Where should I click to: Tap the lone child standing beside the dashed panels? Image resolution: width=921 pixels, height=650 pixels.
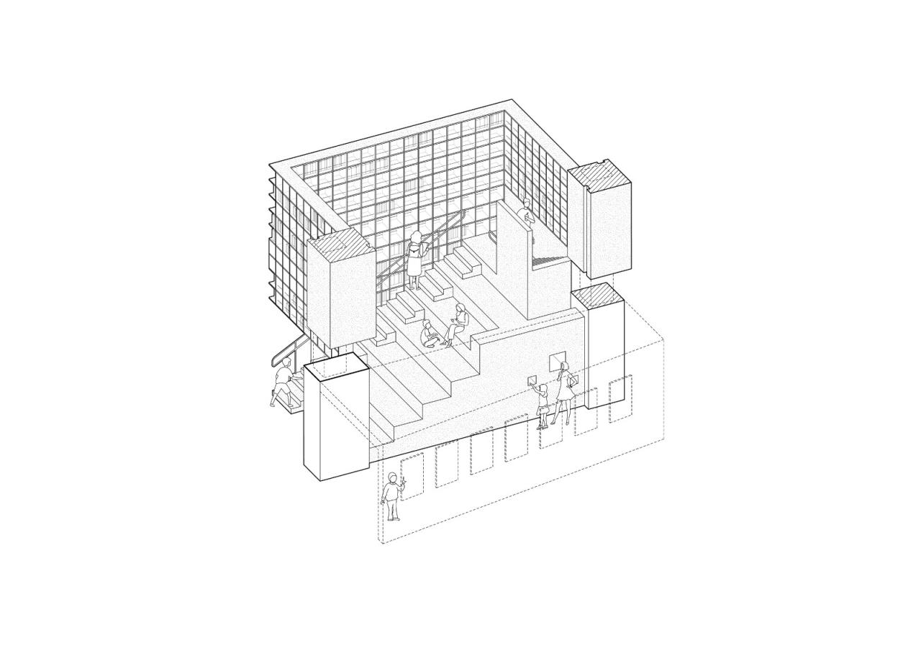(392, 496)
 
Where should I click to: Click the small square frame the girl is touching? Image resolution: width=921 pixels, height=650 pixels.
(533, 380)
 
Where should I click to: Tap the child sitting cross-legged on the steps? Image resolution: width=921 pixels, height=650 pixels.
(428, 334)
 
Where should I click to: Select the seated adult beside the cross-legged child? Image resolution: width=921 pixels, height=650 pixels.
(457, 324)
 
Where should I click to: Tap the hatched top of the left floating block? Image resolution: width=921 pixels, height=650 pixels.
(341, 242)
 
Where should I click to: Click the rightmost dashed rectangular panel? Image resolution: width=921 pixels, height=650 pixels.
(620, 399)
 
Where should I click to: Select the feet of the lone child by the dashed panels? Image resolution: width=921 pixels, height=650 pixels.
(393, 518)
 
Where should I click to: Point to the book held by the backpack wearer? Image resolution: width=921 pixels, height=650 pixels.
(427, 247)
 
